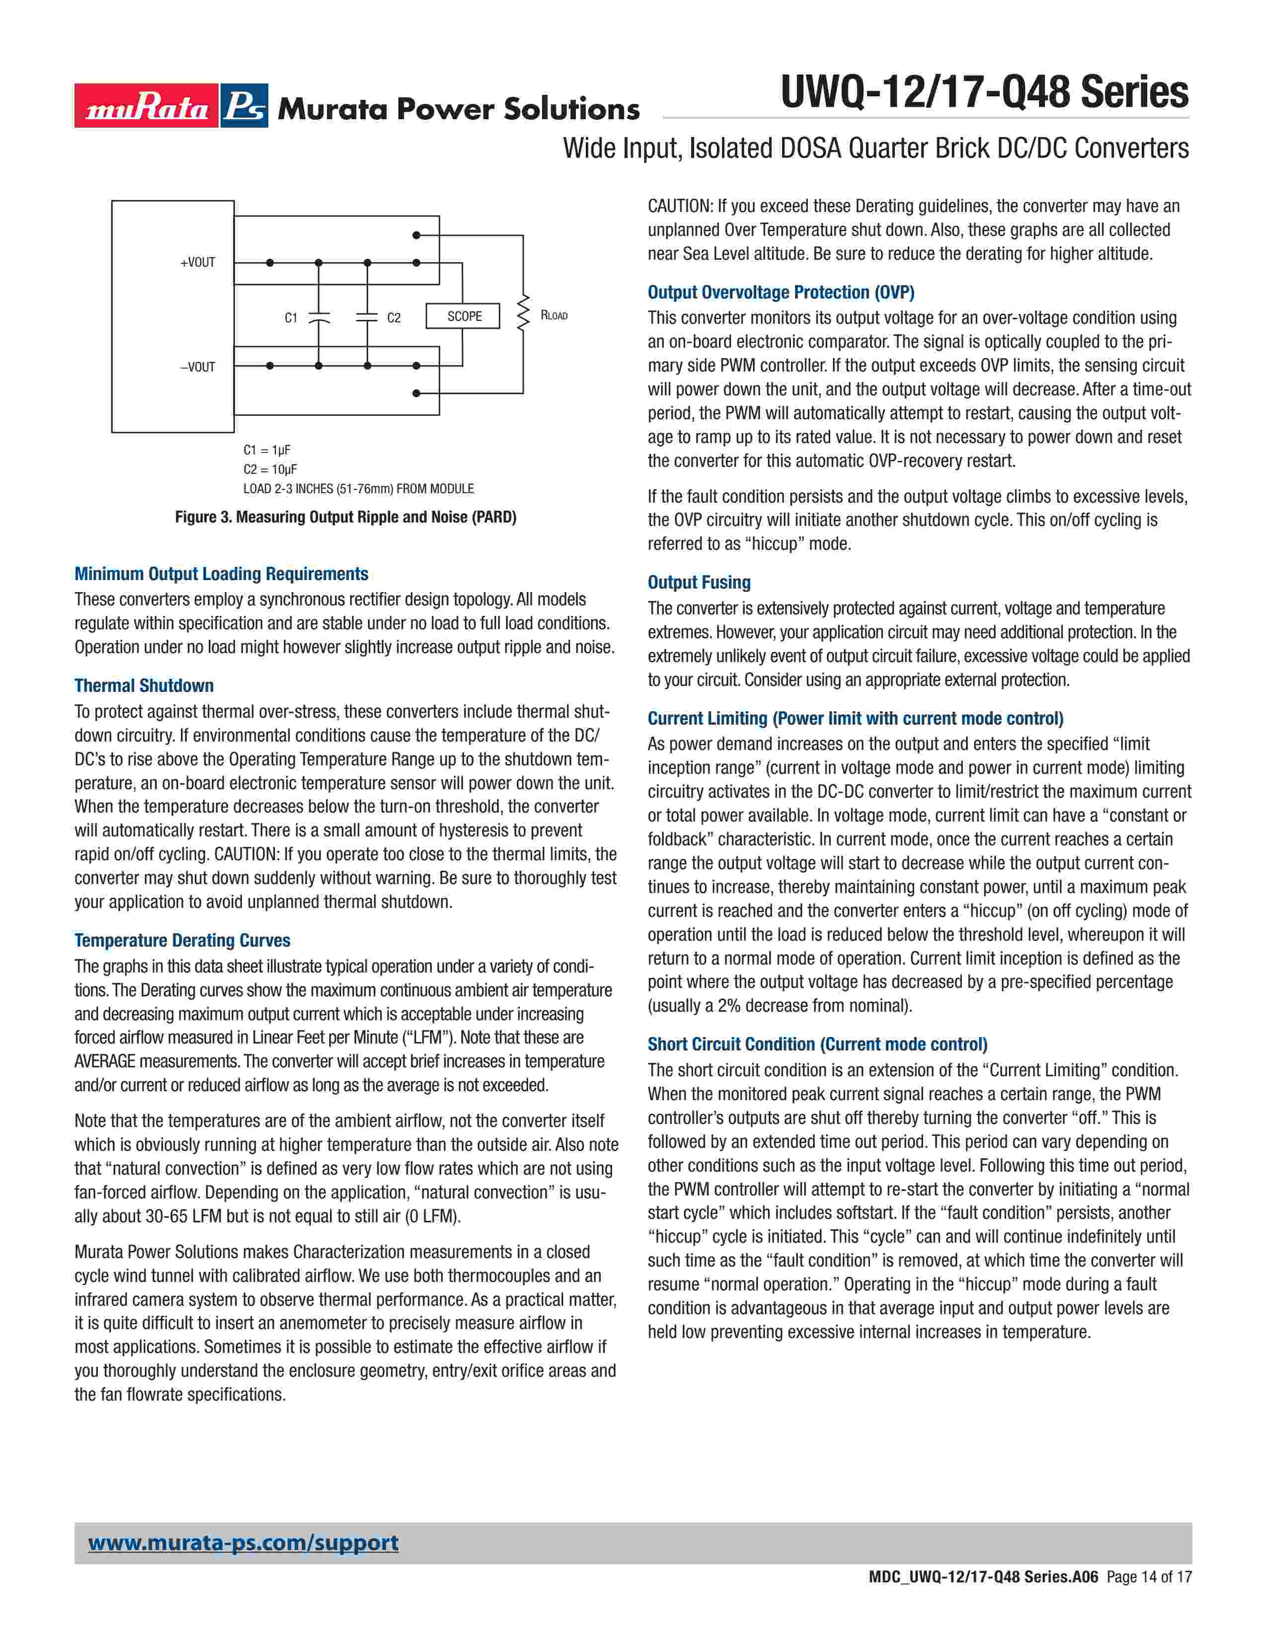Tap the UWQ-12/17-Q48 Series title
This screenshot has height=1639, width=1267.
[x=984, y=92]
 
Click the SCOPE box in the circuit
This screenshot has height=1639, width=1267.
[x=464, y=316]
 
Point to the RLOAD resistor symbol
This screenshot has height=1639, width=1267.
[x=523, y=315]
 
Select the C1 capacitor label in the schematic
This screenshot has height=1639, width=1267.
[x=291, y=318]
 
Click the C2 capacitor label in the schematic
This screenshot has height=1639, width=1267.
[x=394, y=318]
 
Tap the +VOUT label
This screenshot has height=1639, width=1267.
[x=197, y=263]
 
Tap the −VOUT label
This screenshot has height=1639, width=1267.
[x=197, y=367]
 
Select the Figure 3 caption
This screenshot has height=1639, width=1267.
[x=345, y=517]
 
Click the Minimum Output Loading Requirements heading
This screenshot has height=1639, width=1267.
[x=222, y=574]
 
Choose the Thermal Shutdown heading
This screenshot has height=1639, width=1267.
[x=144, y=686]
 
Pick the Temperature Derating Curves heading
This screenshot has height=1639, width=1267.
[x=182, y=940]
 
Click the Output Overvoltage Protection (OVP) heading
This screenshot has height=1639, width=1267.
[x=781, y=293]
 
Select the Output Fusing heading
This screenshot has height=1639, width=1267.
[x=699, y=583]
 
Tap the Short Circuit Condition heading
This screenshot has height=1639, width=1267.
[x=817, y=1044]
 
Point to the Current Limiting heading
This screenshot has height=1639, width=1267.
[x=855, y=718]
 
